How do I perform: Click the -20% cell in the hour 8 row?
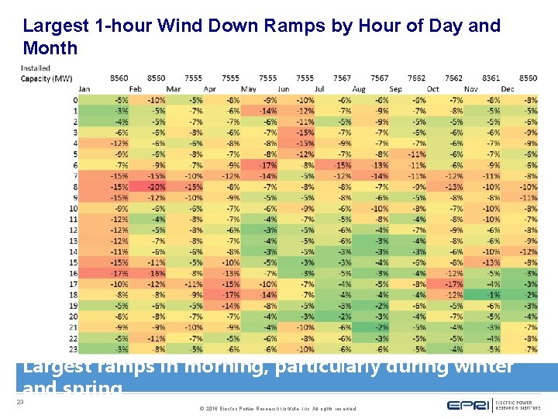(x=157, y=187)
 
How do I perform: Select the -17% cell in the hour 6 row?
(x=268, y=165)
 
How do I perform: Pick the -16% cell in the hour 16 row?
(x=157, y=273)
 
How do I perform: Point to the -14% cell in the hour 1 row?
(x=268, y=111)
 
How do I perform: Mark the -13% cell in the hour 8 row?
(x=454, y=187)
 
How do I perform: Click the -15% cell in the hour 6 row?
(x=343, y=165)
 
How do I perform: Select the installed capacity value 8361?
(x=491, y=78)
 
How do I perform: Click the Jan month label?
(x=84, y=89)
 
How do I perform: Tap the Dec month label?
(x=508, y=89)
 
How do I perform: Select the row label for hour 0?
(x=74, y=100)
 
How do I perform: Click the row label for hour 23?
(x=73, y=349)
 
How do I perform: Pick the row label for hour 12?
(x=73, y=230)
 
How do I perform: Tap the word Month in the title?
(x=50, y=48)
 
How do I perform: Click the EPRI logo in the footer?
(x=471, y=405)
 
